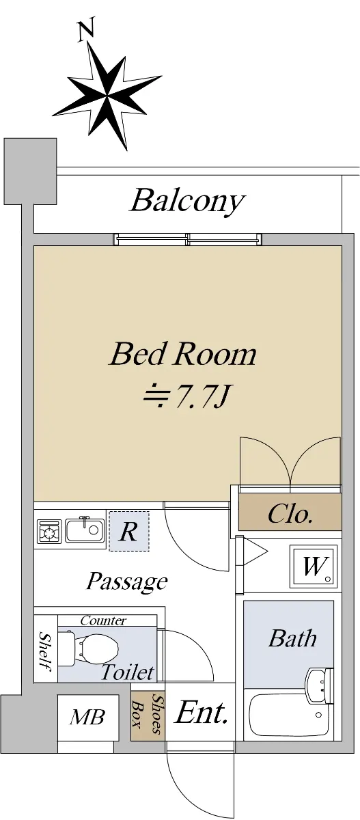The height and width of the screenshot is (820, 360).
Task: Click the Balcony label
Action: (x=187, y=201)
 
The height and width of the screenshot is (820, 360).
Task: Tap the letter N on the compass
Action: (x=86, y=30)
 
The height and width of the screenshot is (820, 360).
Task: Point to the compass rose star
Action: (x=107, y=96)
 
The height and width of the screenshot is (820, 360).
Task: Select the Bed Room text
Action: (x=183, y=354)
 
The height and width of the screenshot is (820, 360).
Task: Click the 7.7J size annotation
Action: (x=186, y=396)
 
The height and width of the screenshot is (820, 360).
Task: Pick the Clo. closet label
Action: (x=290, y=514)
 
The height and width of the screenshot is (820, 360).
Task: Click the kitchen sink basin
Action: (x=85, y=530)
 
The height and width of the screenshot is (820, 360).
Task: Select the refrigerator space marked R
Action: (x=129, y=531)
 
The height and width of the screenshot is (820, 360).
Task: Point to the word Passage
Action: (x=127, y=582)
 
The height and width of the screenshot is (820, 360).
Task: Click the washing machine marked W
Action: (x=313, y=566)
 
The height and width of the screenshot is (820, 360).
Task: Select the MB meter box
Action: (x=88, y=717)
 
